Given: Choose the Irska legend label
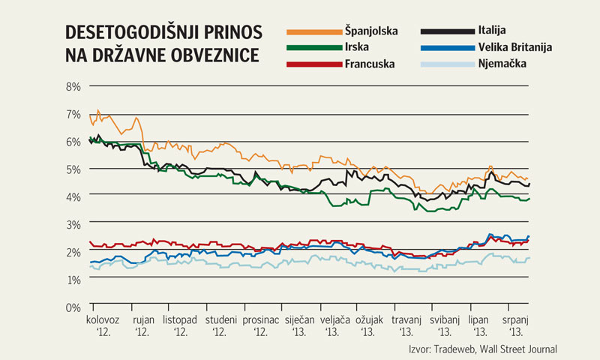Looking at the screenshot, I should coord(357,47).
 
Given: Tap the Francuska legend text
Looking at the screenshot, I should coord(370,64).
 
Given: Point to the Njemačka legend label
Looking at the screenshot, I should coord(502,64).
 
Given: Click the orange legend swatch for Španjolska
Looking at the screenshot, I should coord(313,31).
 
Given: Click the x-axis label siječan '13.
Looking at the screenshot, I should coord(294,325).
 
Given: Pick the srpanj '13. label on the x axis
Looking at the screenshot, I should coord(516,325).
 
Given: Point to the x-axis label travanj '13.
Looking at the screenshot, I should coord(406,325).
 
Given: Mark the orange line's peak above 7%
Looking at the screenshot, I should coord(97,110).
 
